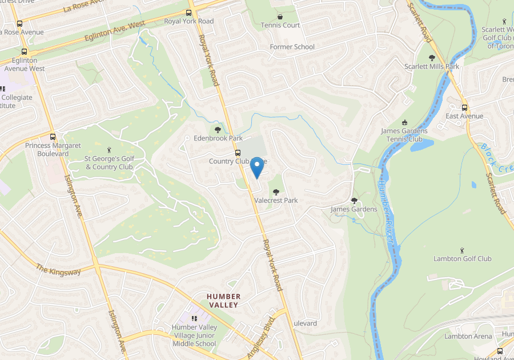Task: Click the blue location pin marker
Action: click(257, 166)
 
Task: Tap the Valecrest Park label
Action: click(276, 201)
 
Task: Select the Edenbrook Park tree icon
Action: click(218, 130)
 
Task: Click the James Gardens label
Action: click(354, 209)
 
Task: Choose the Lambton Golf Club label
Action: click(462, 259)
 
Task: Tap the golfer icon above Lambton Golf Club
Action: click(462, 250)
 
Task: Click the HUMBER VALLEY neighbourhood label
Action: click(223, 301)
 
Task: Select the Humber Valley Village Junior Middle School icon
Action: click(194, 318)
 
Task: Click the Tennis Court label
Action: click(280, 25)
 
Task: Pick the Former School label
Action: click(292, 47)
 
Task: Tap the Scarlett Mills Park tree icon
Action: click(432, 58)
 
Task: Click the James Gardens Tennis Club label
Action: click(404, 135)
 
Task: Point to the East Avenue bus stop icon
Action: click(464, 107)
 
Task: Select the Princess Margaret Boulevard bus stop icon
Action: click(53, 137)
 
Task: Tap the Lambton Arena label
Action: click(468, 336)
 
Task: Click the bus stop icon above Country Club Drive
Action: click(238, 153)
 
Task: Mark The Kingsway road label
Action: click(58, 269)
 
